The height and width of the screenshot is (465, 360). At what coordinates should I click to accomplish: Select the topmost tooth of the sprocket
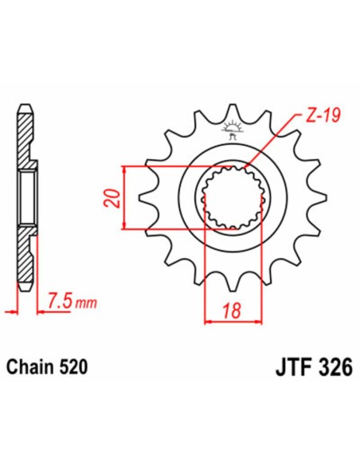(x=233, y=111)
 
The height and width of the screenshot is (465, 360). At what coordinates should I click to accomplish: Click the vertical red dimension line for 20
(x=125, y=198)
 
